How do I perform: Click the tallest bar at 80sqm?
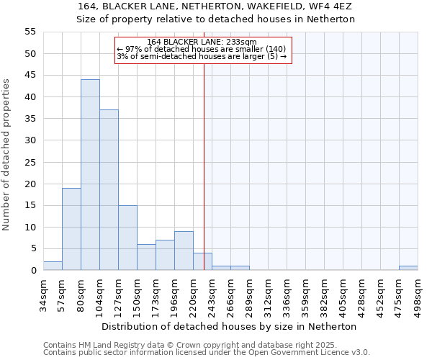(x=90, y=175)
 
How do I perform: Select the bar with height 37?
(x=109, y=190)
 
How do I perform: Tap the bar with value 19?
(x=71, y=229)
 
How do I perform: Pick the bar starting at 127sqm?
(x=127, y=238)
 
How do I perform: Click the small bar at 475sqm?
(x=408, y=268)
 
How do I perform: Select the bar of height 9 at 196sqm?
(x=184, y=251)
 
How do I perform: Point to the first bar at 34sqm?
(x=53, y=266)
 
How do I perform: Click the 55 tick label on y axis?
(x=30, y=32)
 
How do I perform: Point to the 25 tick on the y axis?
(x=30, y=162)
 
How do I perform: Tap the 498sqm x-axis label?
(x=418, y=294)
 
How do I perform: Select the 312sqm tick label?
(x=269, y=294)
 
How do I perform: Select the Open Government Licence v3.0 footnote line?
(x=207, y=353)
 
